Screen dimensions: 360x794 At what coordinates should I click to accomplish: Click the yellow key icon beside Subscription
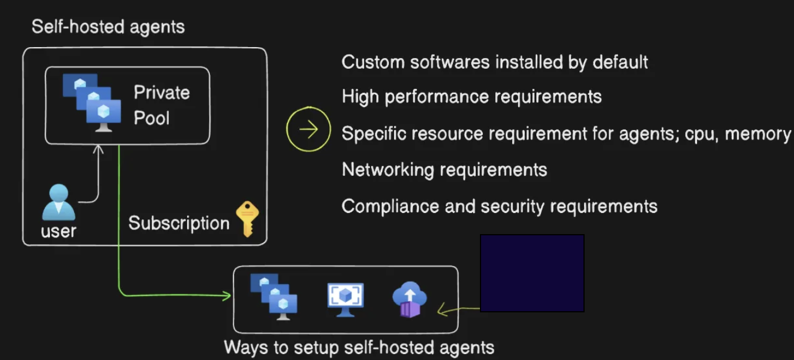point(247,219)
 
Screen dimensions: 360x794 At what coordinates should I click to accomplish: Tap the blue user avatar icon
point(58,202)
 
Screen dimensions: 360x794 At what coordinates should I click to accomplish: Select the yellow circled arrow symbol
point(308,129)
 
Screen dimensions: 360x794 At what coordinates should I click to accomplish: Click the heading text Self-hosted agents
point(108,27)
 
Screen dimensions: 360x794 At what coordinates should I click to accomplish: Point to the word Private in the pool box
point(162,92)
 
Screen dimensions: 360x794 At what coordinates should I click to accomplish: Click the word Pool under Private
point(152,118)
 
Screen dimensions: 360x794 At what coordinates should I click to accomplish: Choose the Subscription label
point(179,224)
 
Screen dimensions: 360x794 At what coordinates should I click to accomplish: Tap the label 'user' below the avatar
point(58,231)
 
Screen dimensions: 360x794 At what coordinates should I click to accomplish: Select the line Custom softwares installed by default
point(495,62)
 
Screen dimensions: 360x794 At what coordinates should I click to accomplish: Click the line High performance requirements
point(472,96)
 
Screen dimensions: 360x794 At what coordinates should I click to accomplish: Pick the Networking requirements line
point(445,170)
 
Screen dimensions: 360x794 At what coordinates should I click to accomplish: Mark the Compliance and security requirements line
point(499,206)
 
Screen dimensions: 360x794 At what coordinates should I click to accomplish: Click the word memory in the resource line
point(758,134)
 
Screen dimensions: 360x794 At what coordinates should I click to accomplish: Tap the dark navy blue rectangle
point(532,273)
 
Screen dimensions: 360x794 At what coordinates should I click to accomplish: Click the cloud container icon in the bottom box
point(409,300)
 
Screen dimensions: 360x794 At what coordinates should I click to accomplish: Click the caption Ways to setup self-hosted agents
point(359,347)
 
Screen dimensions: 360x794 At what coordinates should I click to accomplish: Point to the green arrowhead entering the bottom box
point(226,295)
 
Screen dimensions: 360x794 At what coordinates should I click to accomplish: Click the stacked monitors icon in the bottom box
point(274,297)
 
